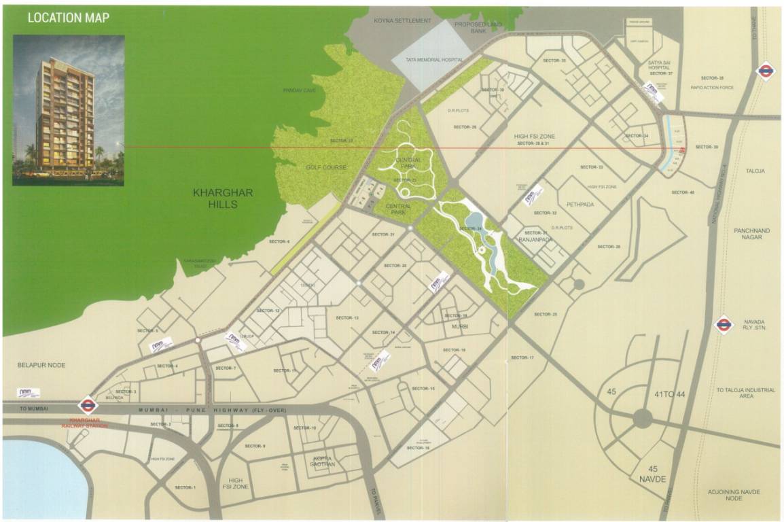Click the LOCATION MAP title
[x=68, y=17]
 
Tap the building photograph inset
[x=68, y=110]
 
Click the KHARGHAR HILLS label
[x=223, y=198]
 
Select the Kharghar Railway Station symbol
[x=88, y=406]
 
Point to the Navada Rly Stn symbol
[x=724, y=325]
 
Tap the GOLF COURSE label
[x=326, y=167]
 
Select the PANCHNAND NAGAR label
[x=752, y=234]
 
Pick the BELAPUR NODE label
[x=42, y=365]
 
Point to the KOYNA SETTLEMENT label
[x=402, y=21]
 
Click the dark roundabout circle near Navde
[x=643, y=419]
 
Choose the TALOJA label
[x=755, y=171]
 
